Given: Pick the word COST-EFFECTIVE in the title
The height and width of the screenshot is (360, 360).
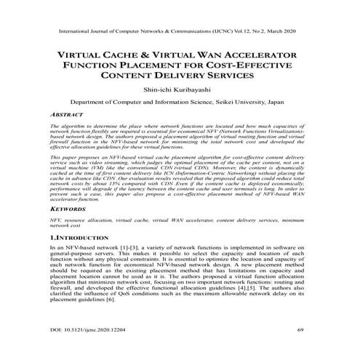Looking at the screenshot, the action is coord(240,66).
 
